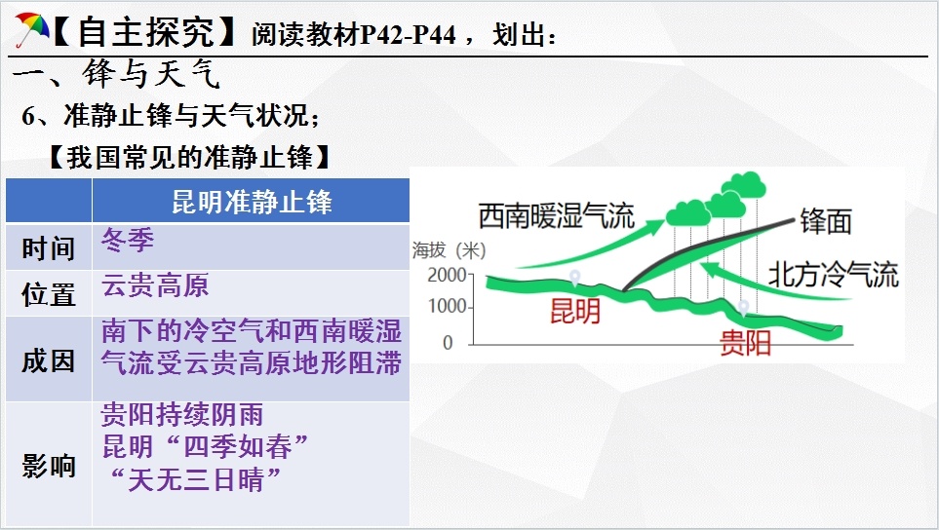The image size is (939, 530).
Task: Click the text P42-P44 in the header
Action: click(x=409, y=35)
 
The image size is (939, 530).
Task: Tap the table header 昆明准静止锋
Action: click(x=252, y=202)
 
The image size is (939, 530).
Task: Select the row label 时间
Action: click(x=49, y=248)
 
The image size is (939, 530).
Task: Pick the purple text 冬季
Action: click(x=128, y=240)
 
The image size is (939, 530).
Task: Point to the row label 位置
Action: click(x=49, y=294)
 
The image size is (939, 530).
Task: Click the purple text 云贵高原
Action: click(x=155, y=285)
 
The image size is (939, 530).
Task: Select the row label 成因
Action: click(x=49, y=360)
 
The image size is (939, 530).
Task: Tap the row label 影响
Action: click(x=49, y=466)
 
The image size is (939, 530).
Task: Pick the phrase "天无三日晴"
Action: click(x=195, y=479)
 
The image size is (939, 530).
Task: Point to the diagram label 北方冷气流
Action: click(x=834, y=275)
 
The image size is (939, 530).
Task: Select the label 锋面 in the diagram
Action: click(x=827, y=221)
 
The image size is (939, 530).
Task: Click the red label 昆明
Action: click(x=575, y=311)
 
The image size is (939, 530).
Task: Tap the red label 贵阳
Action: click(x=745, y=343)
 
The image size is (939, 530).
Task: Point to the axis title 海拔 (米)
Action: click(x=450, y=250)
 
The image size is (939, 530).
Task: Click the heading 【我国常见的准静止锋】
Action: click(x=189, y=157)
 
